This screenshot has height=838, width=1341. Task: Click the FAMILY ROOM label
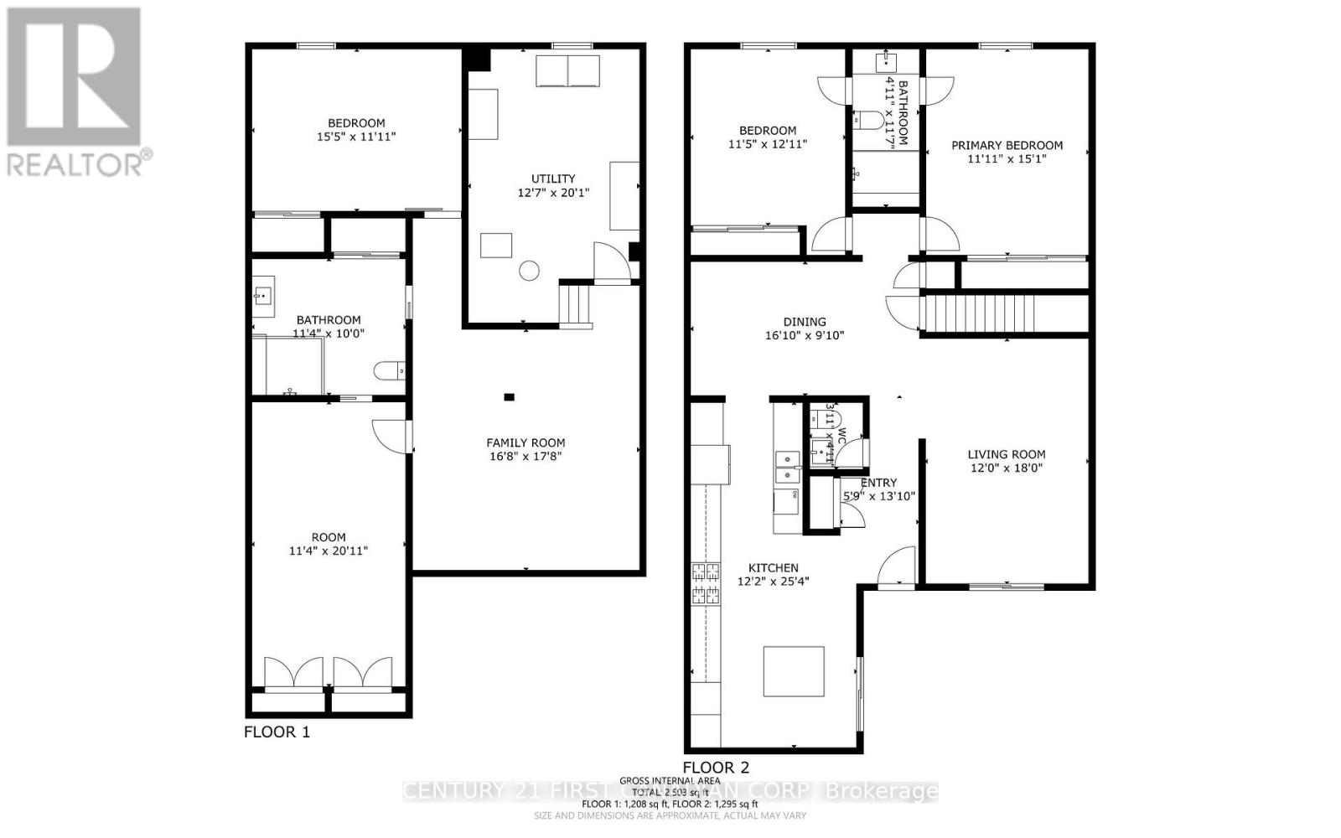tap(526, 442)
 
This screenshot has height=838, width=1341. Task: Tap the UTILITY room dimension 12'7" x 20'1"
tap(553, 193)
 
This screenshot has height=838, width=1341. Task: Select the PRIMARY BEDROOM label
tap(1007, 145)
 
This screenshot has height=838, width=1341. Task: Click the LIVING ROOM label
tap(1006, 454)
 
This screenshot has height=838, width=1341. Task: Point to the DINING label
tap(805, 322)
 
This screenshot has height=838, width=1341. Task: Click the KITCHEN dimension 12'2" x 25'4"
tap(773, 582)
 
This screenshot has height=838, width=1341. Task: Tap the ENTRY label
tap(878, 483)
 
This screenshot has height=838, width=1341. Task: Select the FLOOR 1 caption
tap(277, 732)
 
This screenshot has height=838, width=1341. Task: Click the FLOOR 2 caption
tap(716, 768)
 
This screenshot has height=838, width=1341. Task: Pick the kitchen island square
tap(794, 672)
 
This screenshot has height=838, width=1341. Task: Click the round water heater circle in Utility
tap(529, 271)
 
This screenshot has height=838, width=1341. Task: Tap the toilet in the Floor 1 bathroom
tap(391, 370)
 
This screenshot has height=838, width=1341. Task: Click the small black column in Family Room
tap(509, 397)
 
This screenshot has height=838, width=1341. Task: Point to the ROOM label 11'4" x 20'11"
tap(329, 537)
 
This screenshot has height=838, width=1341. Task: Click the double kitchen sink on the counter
tap(786, 467)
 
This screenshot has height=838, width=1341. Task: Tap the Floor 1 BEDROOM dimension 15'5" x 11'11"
tap(356, 137)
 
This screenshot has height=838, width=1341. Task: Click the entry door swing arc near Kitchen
tap(897, 563)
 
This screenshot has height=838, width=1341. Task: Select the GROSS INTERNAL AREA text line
tap(668, 781)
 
